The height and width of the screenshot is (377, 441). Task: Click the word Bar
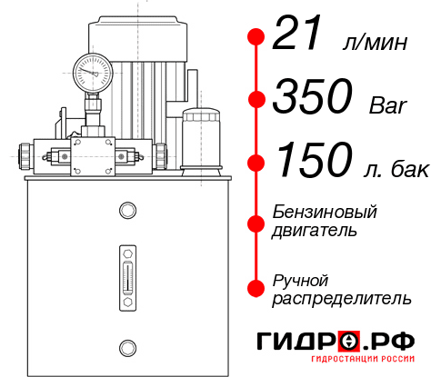click(388, 103)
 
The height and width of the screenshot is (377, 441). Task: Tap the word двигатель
click(315, 231)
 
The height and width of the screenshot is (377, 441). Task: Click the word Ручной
click(301, 279)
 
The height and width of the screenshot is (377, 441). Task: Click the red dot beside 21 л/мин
click(256, 36)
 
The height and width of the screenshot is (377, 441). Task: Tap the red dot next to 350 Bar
click(256, 98)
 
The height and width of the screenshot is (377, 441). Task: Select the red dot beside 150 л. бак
click(256, 162)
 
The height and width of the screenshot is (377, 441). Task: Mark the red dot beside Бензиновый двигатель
click(256, 222)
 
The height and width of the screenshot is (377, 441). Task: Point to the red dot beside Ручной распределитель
click(256, 287)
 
